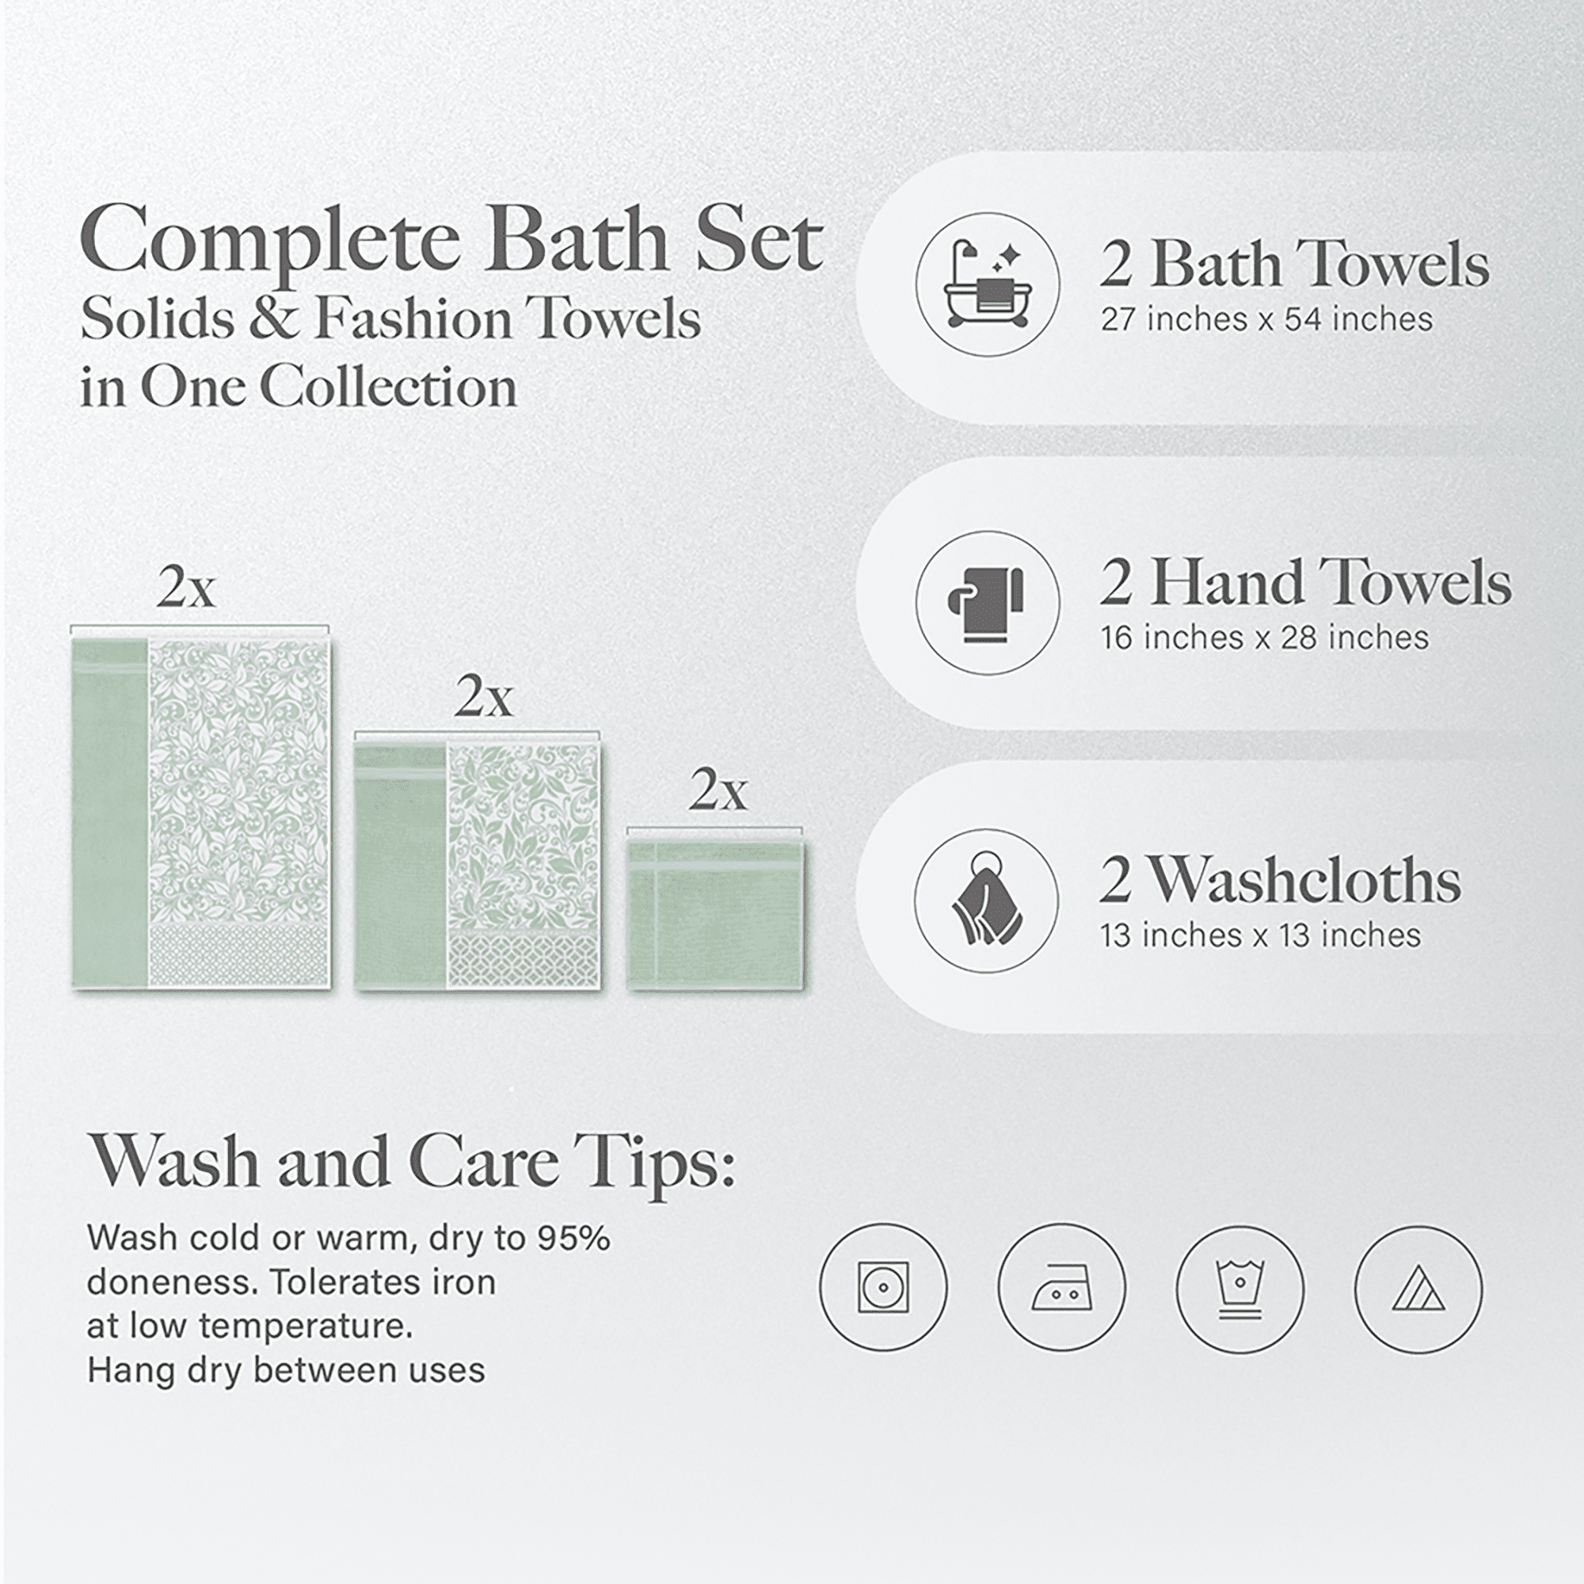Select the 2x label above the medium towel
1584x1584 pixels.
[484, 697]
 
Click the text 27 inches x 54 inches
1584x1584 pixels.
[1266, 319]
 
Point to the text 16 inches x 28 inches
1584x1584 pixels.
[1264, 637]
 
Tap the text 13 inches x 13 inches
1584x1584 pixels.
[1260, 935]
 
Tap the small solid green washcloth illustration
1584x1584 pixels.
[716, 914]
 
